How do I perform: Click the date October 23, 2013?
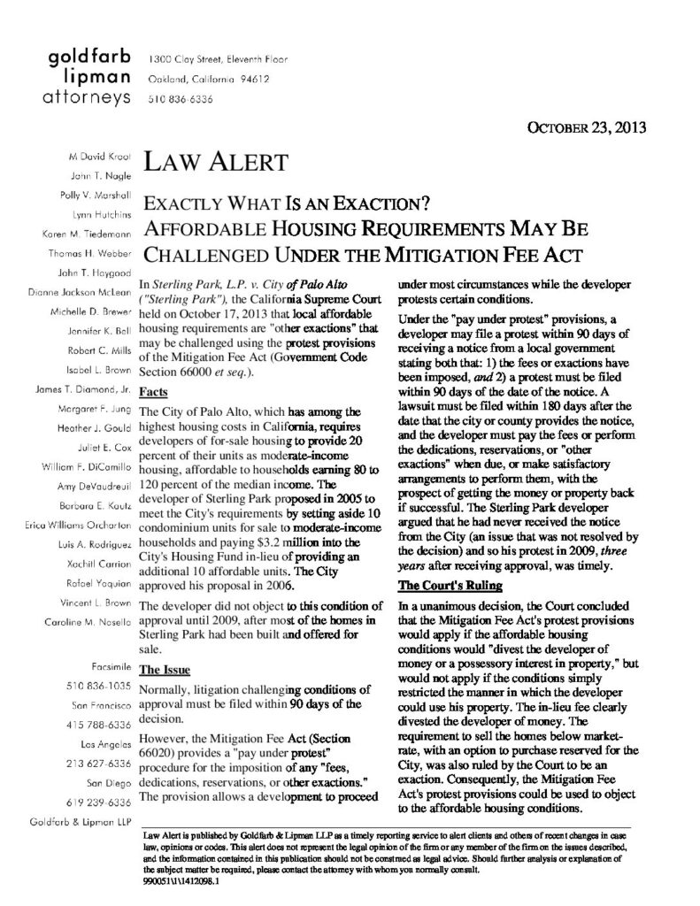pos(586,126)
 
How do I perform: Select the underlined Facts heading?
pos(154,389)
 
